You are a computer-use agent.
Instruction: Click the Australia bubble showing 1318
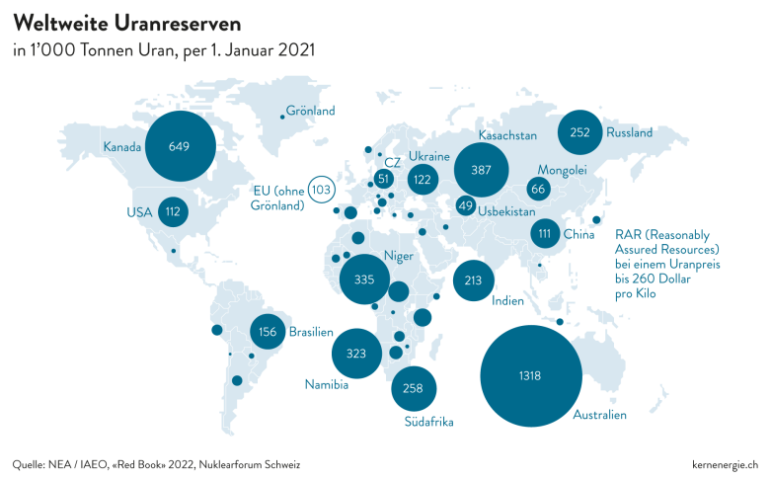531,376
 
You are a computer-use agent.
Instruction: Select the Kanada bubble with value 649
181,146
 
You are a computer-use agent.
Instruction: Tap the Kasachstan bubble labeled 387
482,170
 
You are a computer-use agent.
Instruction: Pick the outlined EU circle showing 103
322,190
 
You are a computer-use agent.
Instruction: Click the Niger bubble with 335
364,279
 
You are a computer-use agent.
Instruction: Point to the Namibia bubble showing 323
356,354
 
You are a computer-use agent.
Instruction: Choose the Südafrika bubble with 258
414,388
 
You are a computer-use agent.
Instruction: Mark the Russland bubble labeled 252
579,132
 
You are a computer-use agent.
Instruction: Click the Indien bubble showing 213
474,280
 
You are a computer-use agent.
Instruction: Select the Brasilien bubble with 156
268,332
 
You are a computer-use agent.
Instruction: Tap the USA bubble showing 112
173,211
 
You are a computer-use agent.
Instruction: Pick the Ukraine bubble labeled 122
423,180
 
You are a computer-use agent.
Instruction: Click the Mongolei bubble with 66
538,189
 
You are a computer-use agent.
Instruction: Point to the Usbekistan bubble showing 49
466,205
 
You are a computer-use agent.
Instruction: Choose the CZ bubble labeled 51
384,179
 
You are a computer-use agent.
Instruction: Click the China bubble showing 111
545,233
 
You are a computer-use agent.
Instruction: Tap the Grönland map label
310,111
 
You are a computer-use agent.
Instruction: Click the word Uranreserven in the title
178,24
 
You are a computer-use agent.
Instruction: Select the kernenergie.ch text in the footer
725,464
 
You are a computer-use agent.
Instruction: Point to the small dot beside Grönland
282,117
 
